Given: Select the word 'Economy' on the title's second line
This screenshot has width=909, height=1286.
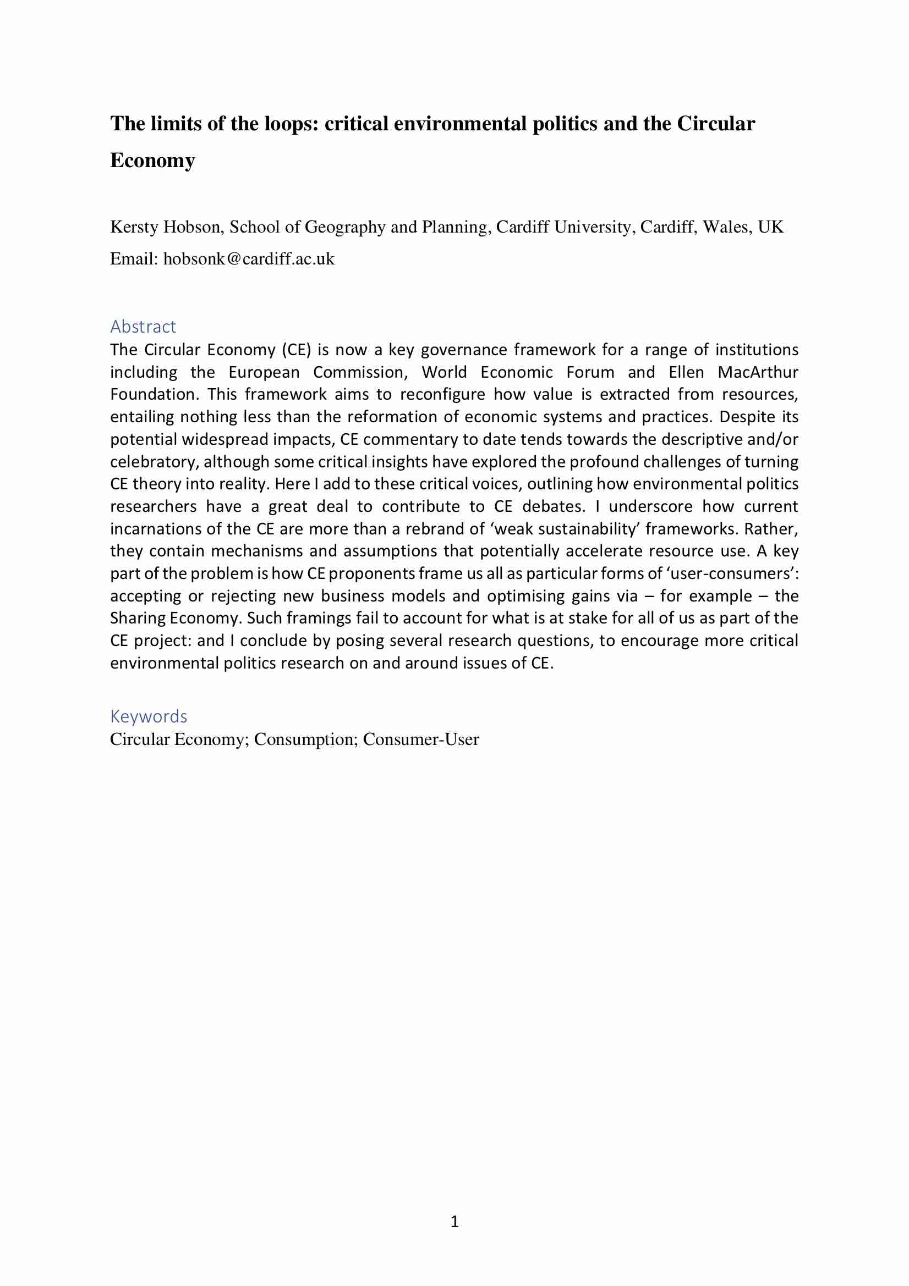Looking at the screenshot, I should tap(152, 161).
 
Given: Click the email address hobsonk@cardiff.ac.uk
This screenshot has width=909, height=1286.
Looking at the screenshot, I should tap(248, 259).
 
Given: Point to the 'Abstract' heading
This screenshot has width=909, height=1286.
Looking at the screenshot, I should tap(143, 326).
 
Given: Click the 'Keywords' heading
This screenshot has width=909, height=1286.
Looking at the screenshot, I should tap(149, 716).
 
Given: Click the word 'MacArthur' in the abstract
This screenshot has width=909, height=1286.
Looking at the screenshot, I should tap(758, 372).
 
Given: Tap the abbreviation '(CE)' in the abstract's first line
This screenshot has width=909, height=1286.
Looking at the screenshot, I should tap(297, 350).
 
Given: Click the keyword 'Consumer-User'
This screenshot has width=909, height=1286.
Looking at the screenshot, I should tap(421, 739).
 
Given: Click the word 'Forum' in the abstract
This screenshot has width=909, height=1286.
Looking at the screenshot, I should tap(590, 372).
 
